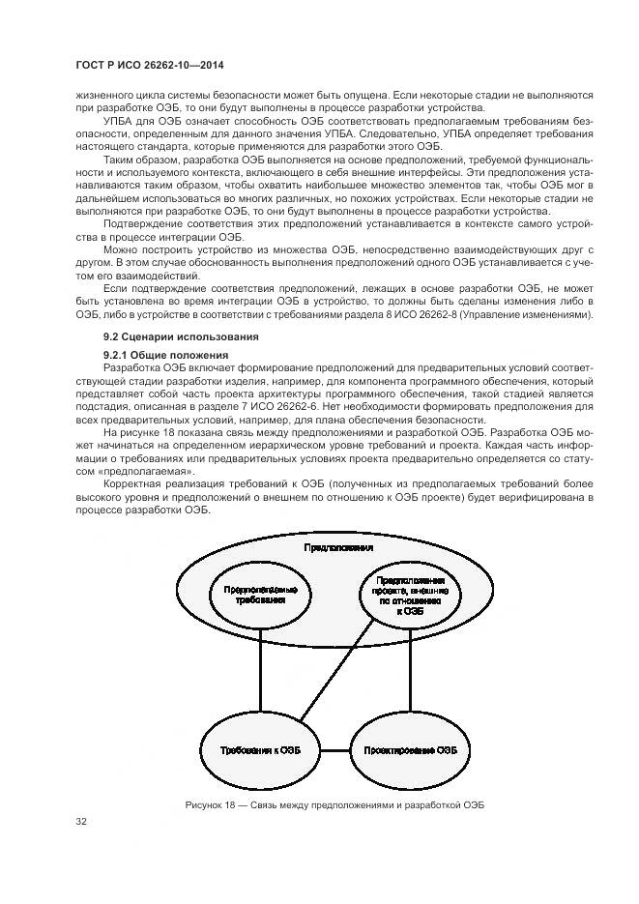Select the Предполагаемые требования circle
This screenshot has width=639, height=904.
[x=260, y=594]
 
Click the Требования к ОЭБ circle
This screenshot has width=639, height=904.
[x=259, y=749]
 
